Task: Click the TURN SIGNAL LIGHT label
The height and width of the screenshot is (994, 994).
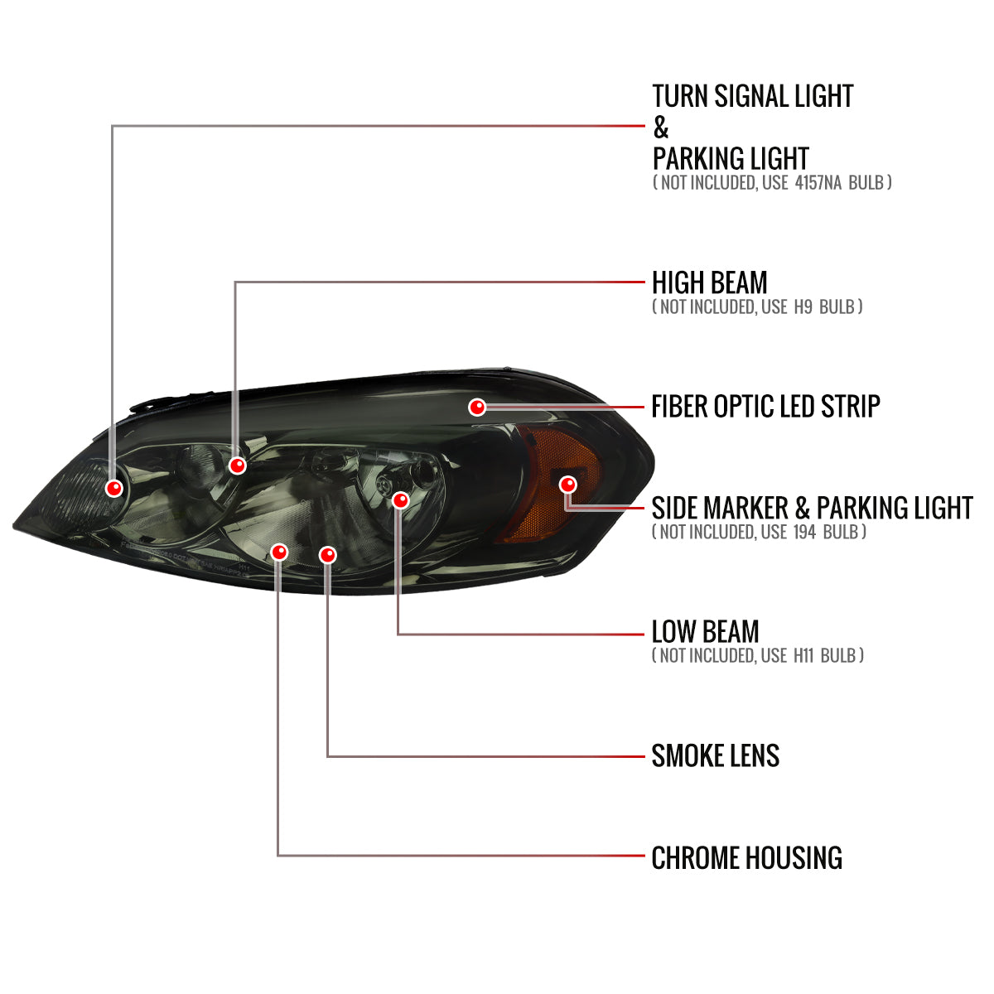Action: pyautogui.click(x=752, y=96)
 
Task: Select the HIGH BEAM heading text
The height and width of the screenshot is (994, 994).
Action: pyautogui.click(x=709, y=282)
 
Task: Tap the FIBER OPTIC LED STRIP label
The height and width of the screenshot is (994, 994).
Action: pyautogui.click(x=765, y=407)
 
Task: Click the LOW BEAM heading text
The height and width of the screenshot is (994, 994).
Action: pyautogui.click(x=705, y=632)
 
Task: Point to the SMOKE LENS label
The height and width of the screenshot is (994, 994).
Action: pyautogui.click(x=715, y=756)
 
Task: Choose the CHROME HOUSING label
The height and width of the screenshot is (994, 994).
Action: pyautogui.click(x=746, y=858)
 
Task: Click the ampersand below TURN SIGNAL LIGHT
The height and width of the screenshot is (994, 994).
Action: pyautogui.click(x=660, y=128)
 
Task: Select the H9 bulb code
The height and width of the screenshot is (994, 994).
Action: pyautogui.click(x=803, y=306)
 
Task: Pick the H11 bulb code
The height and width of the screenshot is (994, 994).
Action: pyautogui.click(x=803, y=655)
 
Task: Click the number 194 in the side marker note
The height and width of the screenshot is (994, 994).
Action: pyautogui.click(x=804, y=532)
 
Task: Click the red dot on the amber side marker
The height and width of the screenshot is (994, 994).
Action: pyautogui.click(x=567, y=485)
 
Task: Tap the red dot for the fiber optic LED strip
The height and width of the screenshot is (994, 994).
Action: pyautogui.click(x=477, y=407)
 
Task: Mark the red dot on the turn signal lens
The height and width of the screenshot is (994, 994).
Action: pyautogui.click(x=114, y=487)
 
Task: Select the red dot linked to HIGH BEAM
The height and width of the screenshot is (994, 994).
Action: pyautogui.click(x=238, y=466)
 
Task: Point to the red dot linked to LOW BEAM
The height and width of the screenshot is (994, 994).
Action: pyautogui.click(x=400, y=500)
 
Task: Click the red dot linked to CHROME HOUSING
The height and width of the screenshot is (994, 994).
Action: pyautogui.click(x=279, y=552)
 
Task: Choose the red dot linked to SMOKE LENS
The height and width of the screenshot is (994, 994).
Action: pyautogui.click(x=328, y=555)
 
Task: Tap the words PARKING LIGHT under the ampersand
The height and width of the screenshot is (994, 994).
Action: pyautogui.click(x=730, y=158)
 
